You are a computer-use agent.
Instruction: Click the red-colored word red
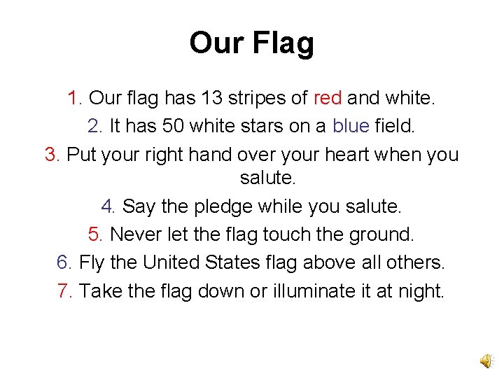(328, 99)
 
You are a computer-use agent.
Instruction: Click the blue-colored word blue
(350, 126)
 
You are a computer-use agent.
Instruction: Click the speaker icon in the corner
(485, 360)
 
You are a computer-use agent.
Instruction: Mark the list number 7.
(65, 290)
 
